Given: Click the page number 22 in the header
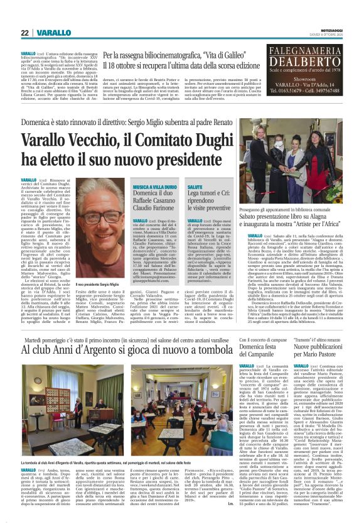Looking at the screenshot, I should tap(24, 33).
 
